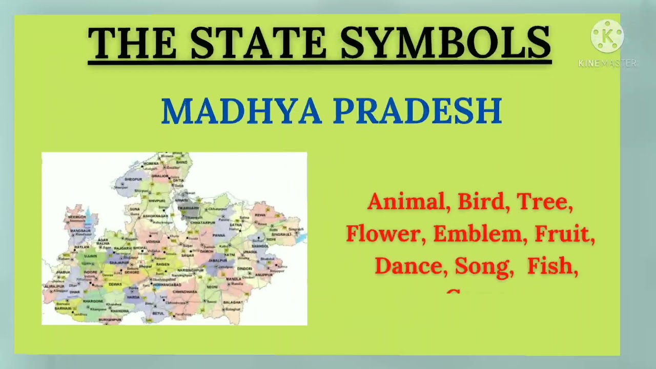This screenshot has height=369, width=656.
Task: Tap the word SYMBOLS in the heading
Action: [445, 43]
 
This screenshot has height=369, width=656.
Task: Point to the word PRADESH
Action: [418, 111]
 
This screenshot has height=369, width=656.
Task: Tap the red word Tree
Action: [544, 202]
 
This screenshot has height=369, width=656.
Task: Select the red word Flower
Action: [385, 234]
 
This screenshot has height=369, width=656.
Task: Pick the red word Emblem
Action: [480, 234]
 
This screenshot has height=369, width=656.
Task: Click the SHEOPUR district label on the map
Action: [133, 179]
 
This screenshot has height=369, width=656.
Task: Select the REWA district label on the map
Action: [260, 215]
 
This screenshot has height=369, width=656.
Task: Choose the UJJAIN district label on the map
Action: [90, 255]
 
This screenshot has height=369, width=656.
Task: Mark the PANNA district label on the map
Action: [218, 235]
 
